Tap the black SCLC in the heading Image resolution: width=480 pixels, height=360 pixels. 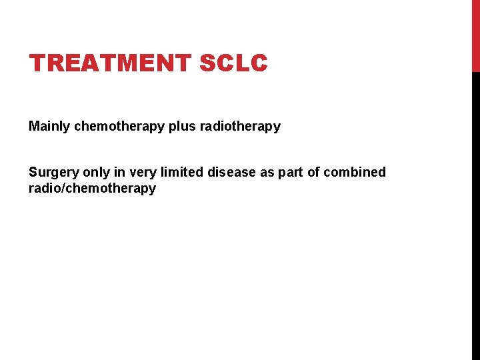pyautogui.click(x=233, y=63)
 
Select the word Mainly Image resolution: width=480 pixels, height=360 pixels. pyautogui.click(x=50, y=127)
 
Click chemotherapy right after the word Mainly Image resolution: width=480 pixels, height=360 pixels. pyautogui.click(x=120, y=127)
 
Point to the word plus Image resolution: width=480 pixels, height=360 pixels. pyautogui.click(x=182, y=127)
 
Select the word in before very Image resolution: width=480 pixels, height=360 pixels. pyautogui.click(x=119, y=173)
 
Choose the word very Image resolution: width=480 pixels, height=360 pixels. pyautogui.click(x=142, y=173)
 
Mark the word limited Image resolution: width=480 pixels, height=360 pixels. pyautogui.click(x=182, y=173)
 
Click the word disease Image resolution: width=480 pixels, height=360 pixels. pyautogui.click(x=231, y=173)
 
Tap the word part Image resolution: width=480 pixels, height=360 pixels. pyautogui.click(x=291, y=173)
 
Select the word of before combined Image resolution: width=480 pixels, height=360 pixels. pyautogui.click(x=313, y=173)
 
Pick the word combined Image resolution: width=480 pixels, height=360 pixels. pyautogui.click(x=355, y=173)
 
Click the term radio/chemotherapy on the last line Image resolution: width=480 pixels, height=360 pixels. pyautogui.click(x=92, y=189)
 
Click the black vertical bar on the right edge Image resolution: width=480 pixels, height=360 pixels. pyautogui.click(x=475, y=213)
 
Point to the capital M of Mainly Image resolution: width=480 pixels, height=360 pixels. pyautogui.click(x=34, y=126)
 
